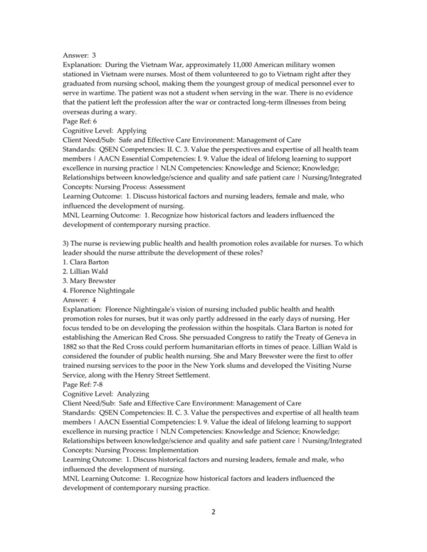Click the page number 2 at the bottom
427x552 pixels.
[x=213, y=511]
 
